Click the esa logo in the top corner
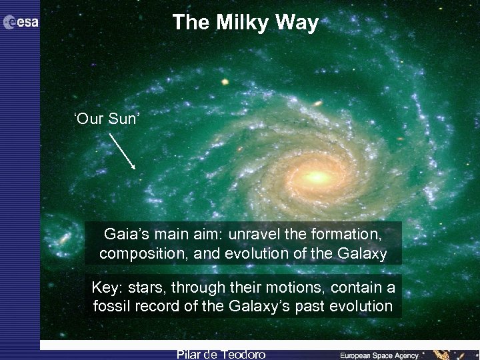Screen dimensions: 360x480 21,23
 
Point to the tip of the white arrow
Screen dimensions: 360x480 135,169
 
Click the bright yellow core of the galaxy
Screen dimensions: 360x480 317,177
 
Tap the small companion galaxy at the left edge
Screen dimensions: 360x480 64,237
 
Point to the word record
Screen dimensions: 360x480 157,307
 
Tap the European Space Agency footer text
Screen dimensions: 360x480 379,355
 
